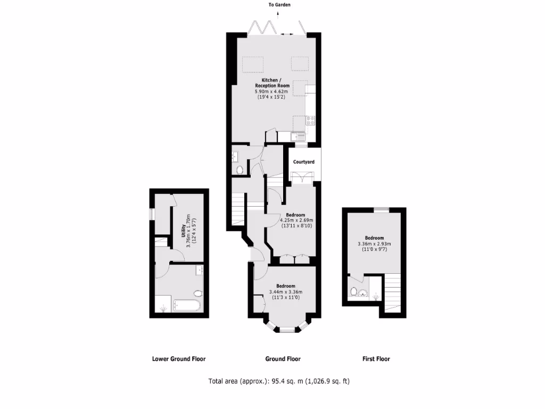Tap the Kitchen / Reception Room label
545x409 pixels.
tap(272, 83)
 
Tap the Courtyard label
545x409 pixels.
tap(304, 161)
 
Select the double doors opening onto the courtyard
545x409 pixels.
tap(302, 178)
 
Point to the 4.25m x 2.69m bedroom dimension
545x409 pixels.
tap(296, 220)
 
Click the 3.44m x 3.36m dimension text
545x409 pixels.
tap(286, 292)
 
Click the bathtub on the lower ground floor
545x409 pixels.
tap(186, 306)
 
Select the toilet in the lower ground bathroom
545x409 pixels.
tap(198, 293)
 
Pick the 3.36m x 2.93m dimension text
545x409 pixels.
tap(374, 244)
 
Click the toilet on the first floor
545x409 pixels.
tap(354, 291)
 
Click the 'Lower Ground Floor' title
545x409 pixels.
tap(179, 359)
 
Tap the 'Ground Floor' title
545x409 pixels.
tap(283, 359)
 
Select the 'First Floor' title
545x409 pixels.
tap(376, 359)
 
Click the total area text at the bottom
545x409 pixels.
tap(279, 381)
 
